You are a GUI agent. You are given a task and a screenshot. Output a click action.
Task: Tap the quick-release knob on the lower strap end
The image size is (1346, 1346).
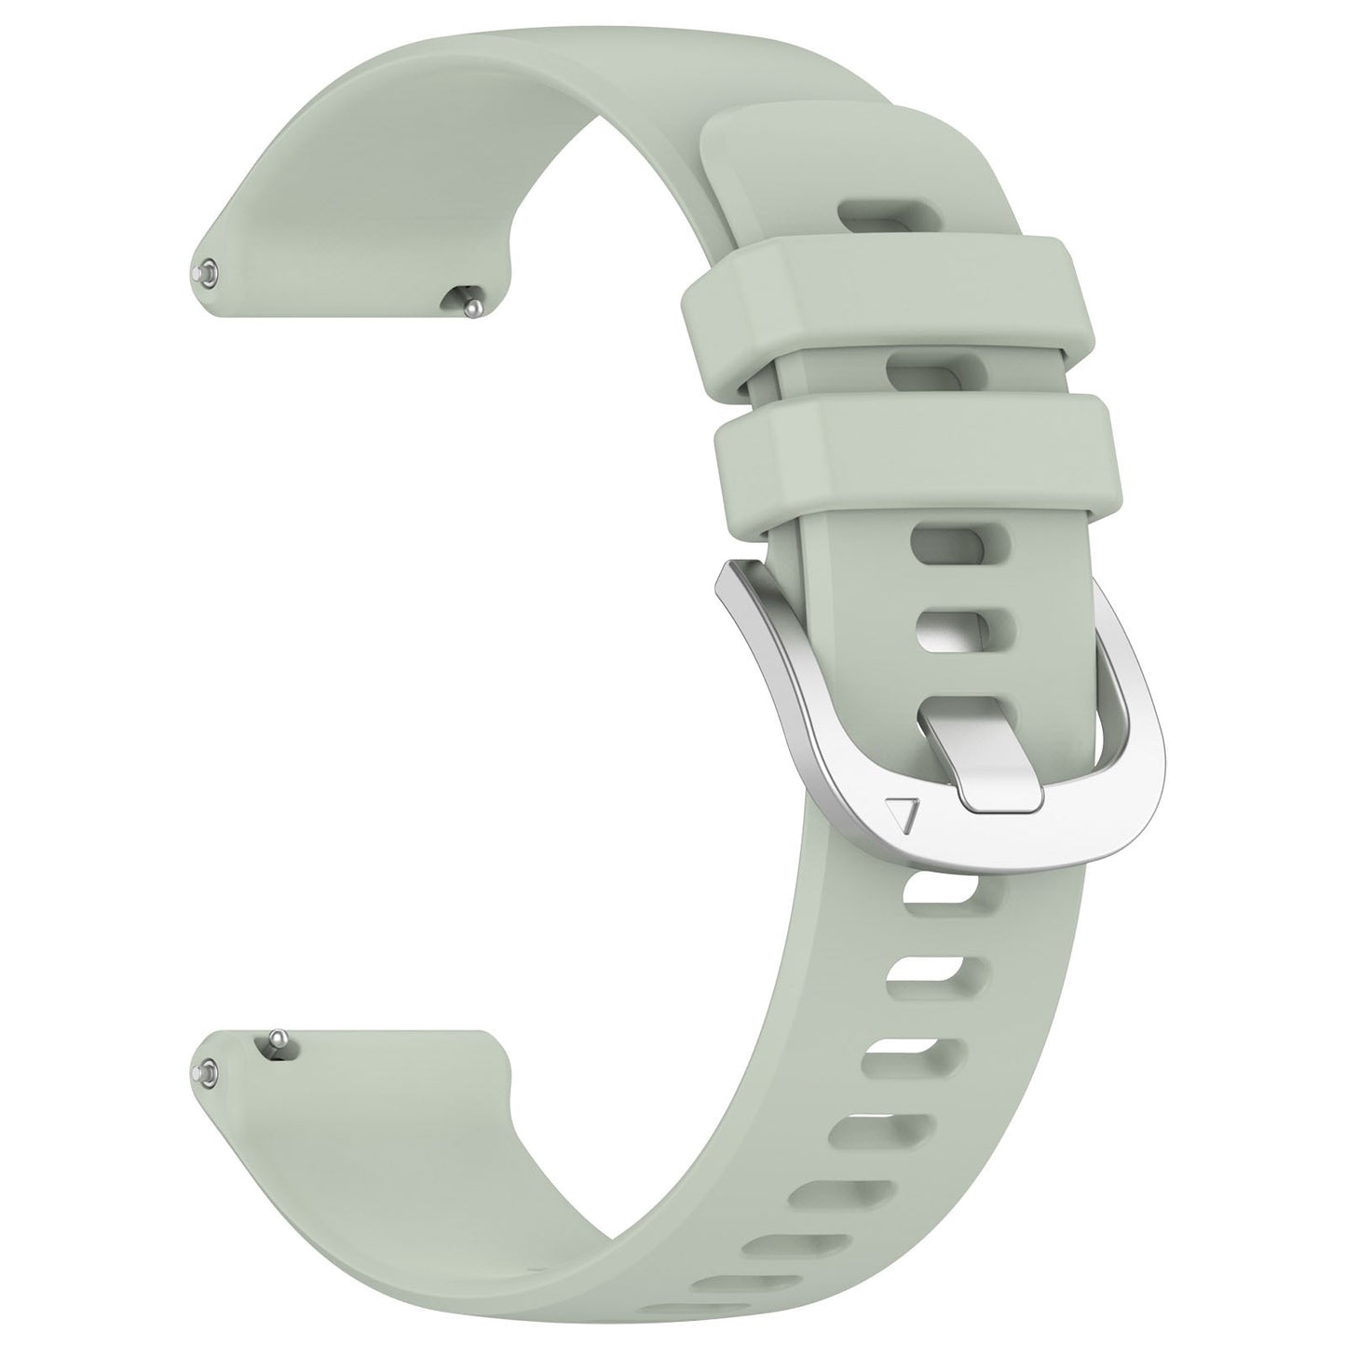point(277,1041)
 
